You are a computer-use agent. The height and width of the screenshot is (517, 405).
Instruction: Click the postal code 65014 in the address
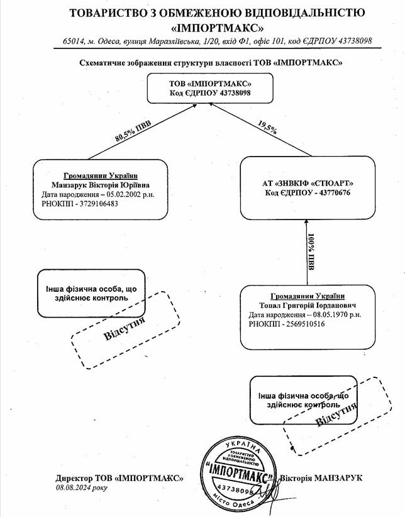click(73, 41)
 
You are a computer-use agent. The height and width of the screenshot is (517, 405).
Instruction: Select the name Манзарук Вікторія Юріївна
click(101, 186)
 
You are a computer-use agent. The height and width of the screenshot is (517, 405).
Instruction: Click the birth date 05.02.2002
click(124, 195)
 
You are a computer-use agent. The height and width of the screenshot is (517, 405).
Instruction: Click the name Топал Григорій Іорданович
click(309, 304)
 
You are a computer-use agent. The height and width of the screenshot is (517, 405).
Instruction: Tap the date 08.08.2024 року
click(82, 487)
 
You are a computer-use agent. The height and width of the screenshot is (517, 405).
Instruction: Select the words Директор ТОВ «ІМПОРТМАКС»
click(119, 478)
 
